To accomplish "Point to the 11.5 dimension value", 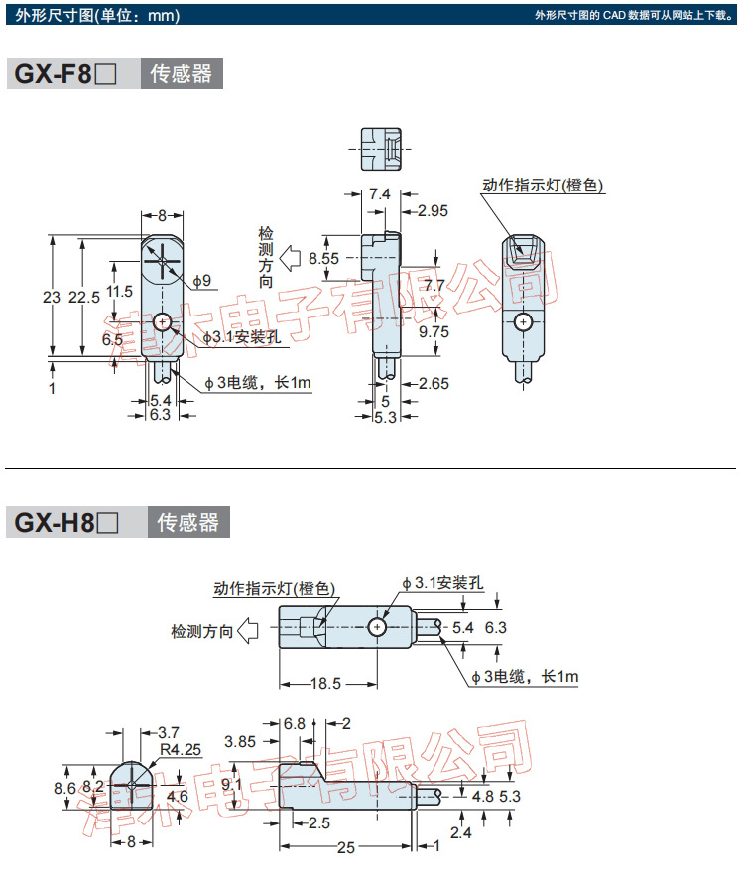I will point(119,292).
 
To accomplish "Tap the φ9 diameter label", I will point(202,282).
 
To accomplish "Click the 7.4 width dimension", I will point(379,194).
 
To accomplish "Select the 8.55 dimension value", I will point(323,258).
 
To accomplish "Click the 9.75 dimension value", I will point(434,332).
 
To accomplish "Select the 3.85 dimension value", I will point(242,741).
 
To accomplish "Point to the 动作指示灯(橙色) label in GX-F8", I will point(543,186).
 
